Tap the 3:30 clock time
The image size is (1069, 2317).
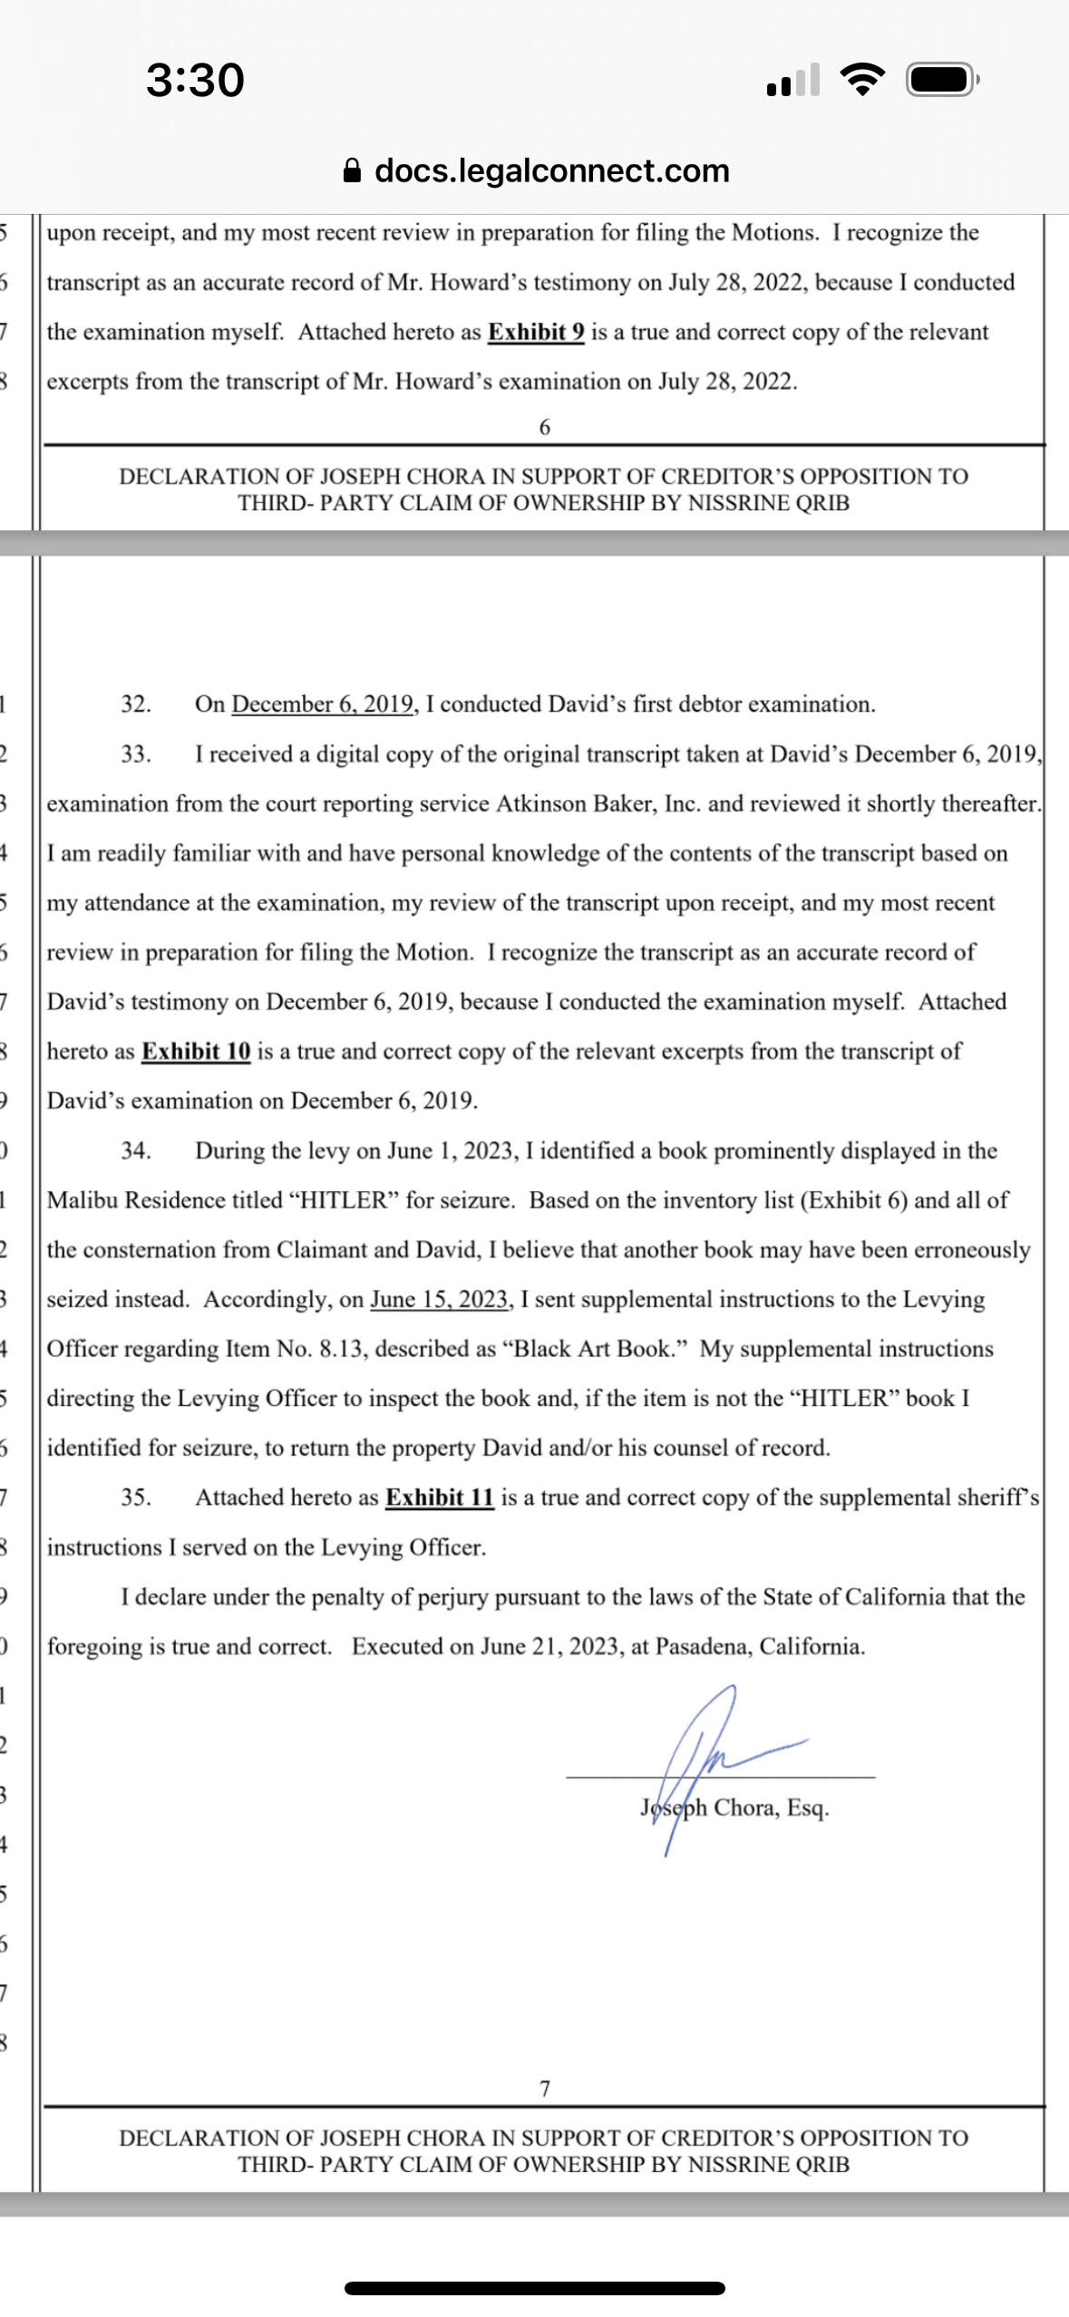(195, 80)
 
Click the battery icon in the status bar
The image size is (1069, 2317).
(942, 82)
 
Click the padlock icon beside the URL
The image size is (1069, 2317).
(353, 171)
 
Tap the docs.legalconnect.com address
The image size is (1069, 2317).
(551, 170)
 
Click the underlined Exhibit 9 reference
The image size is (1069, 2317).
(536, 332)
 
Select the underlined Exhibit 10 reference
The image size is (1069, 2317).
(196, 1052)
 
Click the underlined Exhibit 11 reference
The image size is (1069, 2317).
(440, 1498)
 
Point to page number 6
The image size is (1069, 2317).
(545, 427)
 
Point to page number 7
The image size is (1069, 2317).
(545, 2089)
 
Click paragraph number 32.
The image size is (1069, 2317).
(136, 704)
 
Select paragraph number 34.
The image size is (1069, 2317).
(136, 1151)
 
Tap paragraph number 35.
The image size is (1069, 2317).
(136, 1498)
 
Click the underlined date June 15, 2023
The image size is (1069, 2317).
(438, 1299)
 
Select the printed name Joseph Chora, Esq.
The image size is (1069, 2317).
(734, 1808)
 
